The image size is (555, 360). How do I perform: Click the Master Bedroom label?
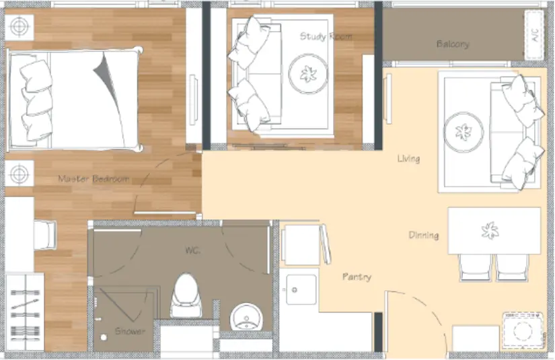click(94, 179)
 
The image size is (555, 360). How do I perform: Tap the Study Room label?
click(326, 36)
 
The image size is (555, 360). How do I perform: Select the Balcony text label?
click(453, 44)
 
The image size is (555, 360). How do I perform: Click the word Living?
click(408, 158)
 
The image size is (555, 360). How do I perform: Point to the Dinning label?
click(424, 235)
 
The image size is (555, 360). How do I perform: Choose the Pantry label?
click(357, 277)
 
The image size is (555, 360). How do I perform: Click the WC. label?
click(193, 250)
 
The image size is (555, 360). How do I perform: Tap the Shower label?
click(130, 331)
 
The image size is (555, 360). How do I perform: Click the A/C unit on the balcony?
click(534, 35)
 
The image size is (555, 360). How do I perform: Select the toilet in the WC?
click(186, 295)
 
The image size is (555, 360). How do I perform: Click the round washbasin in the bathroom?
click(246, 316)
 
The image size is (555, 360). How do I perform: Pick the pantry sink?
click(301, 289)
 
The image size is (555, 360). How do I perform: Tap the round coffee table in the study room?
click(308, 73)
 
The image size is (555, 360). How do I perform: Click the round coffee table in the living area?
click(464, 132)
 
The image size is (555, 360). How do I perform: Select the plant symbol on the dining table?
click(490, 230)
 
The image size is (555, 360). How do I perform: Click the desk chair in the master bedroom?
click(45, 234)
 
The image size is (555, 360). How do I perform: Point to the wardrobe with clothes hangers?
click(25, 312)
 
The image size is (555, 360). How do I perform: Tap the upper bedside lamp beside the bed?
click(20, 27)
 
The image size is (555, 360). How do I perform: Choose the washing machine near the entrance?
click(523, 331)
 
